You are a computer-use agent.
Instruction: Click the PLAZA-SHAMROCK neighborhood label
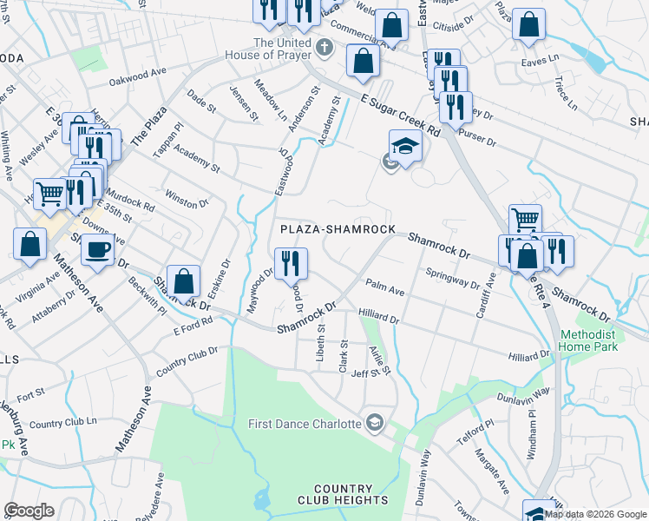(x=337, y=229)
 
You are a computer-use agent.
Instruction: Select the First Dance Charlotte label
(x=305, y=424)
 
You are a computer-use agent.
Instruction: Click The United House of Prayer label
(x=281, y=49)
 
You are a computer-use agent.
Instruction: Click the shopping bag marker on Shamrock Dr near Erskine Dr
(x=183, y=281)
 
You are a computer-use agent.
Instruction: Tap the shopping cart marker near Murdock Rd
(x=49, y=194)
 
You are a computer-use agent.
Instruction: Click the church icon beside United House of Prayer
(x=324, y=46)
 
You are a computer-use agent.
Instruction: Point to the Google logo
(x=29, y=511)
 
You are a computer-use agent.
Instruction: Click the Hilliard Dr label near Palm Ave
(x=378, y=319)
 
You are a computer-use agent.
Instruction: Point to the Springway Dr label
(x=452, y=277)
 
